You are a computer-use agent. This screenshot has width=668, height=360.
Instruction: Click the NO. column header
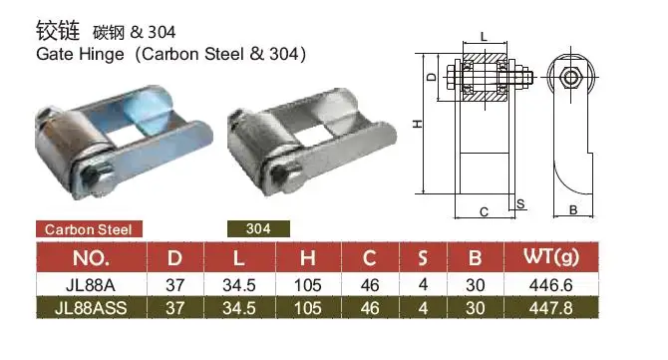tap(91, 259)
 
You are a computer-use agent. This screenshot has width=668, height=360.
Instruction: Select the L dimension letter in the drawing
tap(483, 37)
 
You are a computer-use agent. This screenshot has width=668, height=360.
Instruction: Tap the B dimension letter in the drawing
tap(572, 210)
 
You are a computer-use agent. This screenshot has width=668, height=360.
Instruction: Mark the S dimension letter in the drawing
tap(521, 202)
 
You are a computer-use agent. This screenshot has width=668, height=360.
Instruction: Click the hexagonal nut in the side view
tap(571, 78)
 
